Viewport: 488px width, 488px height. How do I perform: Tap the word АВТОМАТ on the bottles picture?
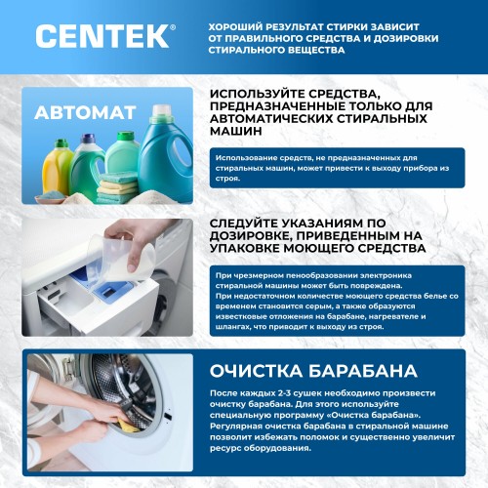[x=85, y=112]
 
